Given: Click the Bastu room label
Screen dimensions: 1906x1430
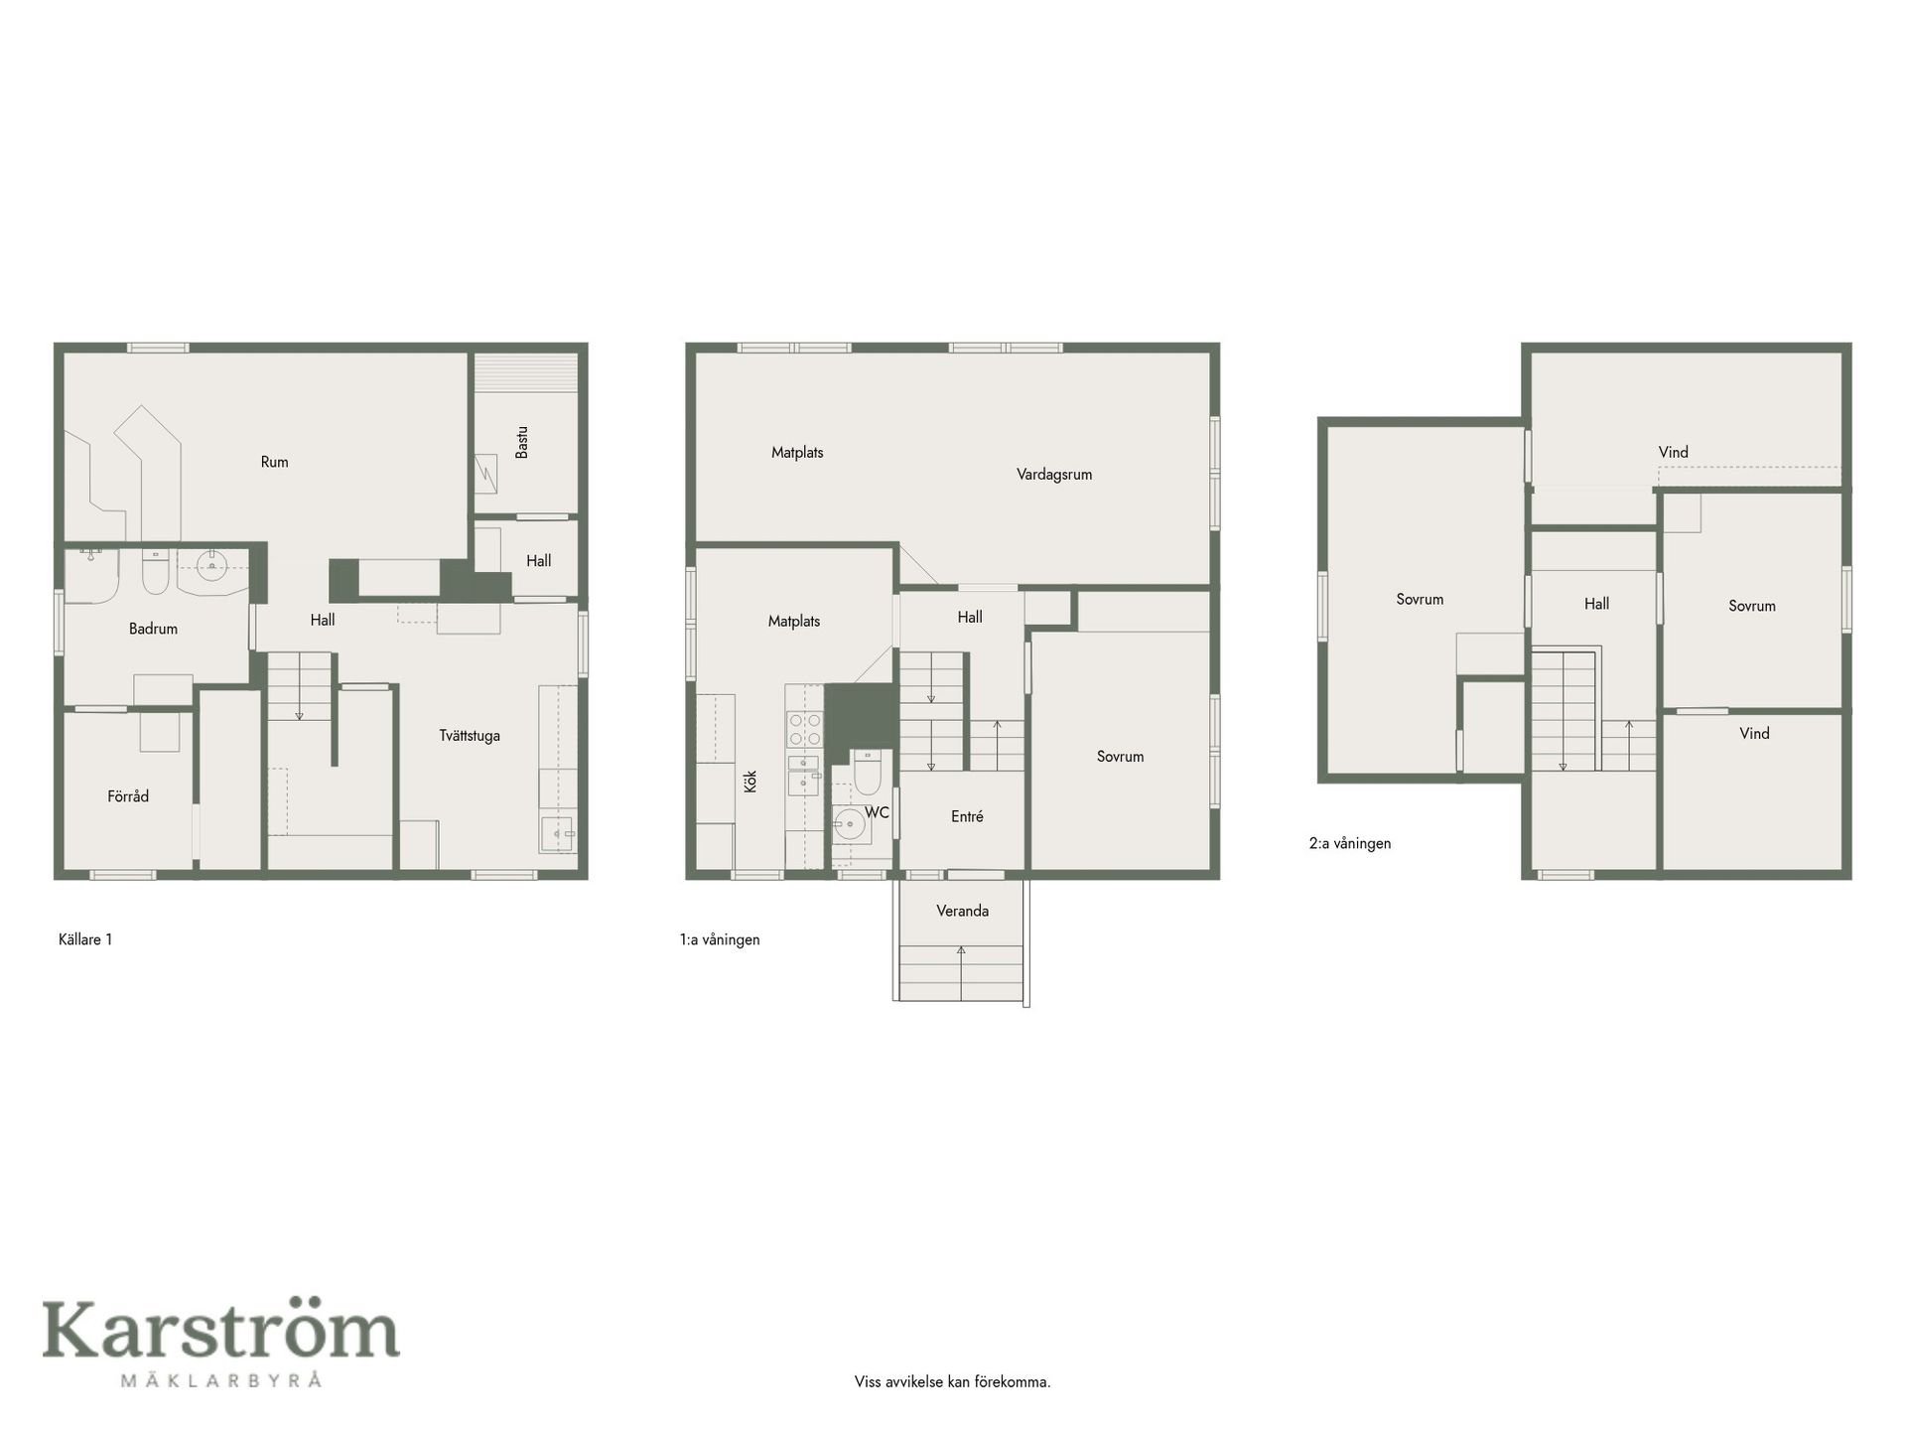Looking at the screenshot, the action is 522,442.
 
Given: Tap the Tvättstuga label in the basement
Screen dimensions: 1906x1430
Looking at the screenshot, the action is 470,736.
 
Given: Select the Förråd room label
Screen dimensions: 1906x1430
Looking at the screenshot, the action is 128,796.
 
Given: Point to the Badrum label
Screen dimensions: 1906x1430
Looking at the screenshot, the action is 153,629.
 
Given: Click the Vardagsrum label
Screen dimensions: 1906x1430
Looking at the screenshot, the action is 1054,475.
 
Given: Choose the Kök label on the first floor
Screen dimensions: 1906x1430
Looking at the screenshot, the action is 750,781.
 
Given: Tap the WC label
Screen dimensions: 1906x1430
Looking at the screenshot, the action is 877,812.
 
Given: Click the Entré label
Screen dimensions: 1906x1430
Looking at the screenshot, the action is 967,816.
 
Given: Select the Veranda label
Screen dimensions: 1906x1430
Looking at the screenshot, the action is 962,911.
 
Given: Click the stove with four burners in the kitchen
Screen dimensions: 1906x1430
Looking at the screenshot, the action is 804,729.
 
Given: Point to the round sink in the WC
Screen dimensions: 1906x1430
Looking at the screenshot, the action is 849,824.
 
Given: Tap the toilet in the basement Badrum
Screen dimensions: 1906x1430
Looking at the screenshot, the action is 156,571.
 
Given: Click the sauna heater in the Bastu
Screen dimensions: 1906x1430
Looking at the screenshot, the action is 485,472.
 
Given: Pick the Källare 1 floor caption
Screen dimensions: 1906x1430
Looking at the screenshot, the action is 85,939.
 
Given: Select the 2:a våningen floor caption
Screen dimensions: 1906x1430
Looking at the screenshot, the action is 1350,844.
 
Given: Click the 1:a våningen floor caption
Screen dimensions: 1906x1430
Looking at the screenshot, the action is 720,939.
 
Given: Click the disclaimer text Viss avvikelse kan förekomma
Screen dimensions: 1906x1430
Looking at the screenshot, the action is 952,1382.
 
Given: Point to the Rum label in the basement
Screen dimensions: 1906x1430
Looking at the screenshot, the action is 275,462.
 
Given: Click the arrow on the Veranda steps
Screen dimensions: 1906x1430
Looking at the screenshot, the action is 961,972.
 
